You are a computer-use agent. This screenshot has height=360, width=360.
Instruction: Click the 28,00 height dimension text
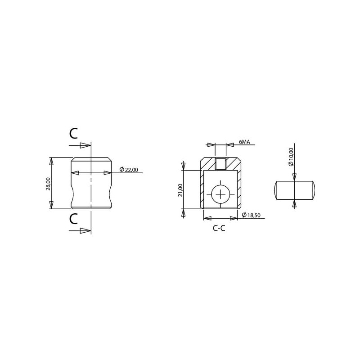point(48,184)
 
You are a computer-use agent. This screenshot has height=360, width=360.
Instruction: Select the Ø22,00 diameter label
point(129,170)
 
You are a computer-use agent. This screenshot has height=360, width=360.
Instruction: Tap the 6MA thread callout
point(244,142)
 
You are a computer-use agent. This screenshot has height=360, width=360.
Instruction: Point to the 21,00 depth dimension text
point(180,190)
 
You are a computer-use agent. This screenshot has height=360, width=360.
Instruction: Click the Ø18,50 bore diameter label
point(251,215)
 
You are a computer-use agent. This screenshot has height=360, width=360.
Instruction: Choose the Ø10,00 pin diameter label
point(291,157)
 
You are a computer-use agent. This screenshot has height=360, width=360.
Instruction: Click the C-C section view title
point(219,228)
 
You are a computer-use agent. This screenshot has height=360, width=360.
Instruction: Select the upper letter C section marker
point(73,133)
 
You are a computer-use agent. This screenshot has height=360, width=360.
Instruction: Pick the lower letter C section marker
point(73,219)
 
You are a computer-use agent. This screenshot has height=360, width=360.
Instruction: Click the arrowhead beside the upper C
point(85,145)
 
